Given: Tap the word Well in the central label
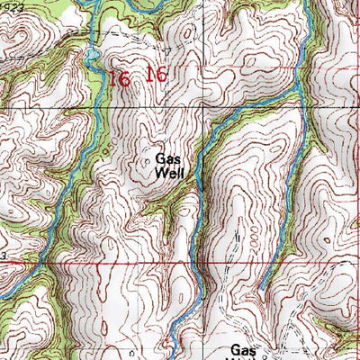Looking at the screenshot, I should click(x=169, y=173).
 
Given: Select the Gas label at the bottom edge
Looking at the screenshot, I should click(x=243, y=350).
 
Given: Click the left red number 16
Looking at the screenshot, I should click(x=119, y=78).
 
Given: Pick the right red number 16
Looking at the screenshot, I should click(x=156, y=75).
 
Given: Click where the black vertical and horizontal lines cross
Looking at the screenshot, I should click(x=94, y=108).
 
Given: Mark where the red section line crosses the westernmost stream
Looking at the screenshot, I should click(x=36, y=264).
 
